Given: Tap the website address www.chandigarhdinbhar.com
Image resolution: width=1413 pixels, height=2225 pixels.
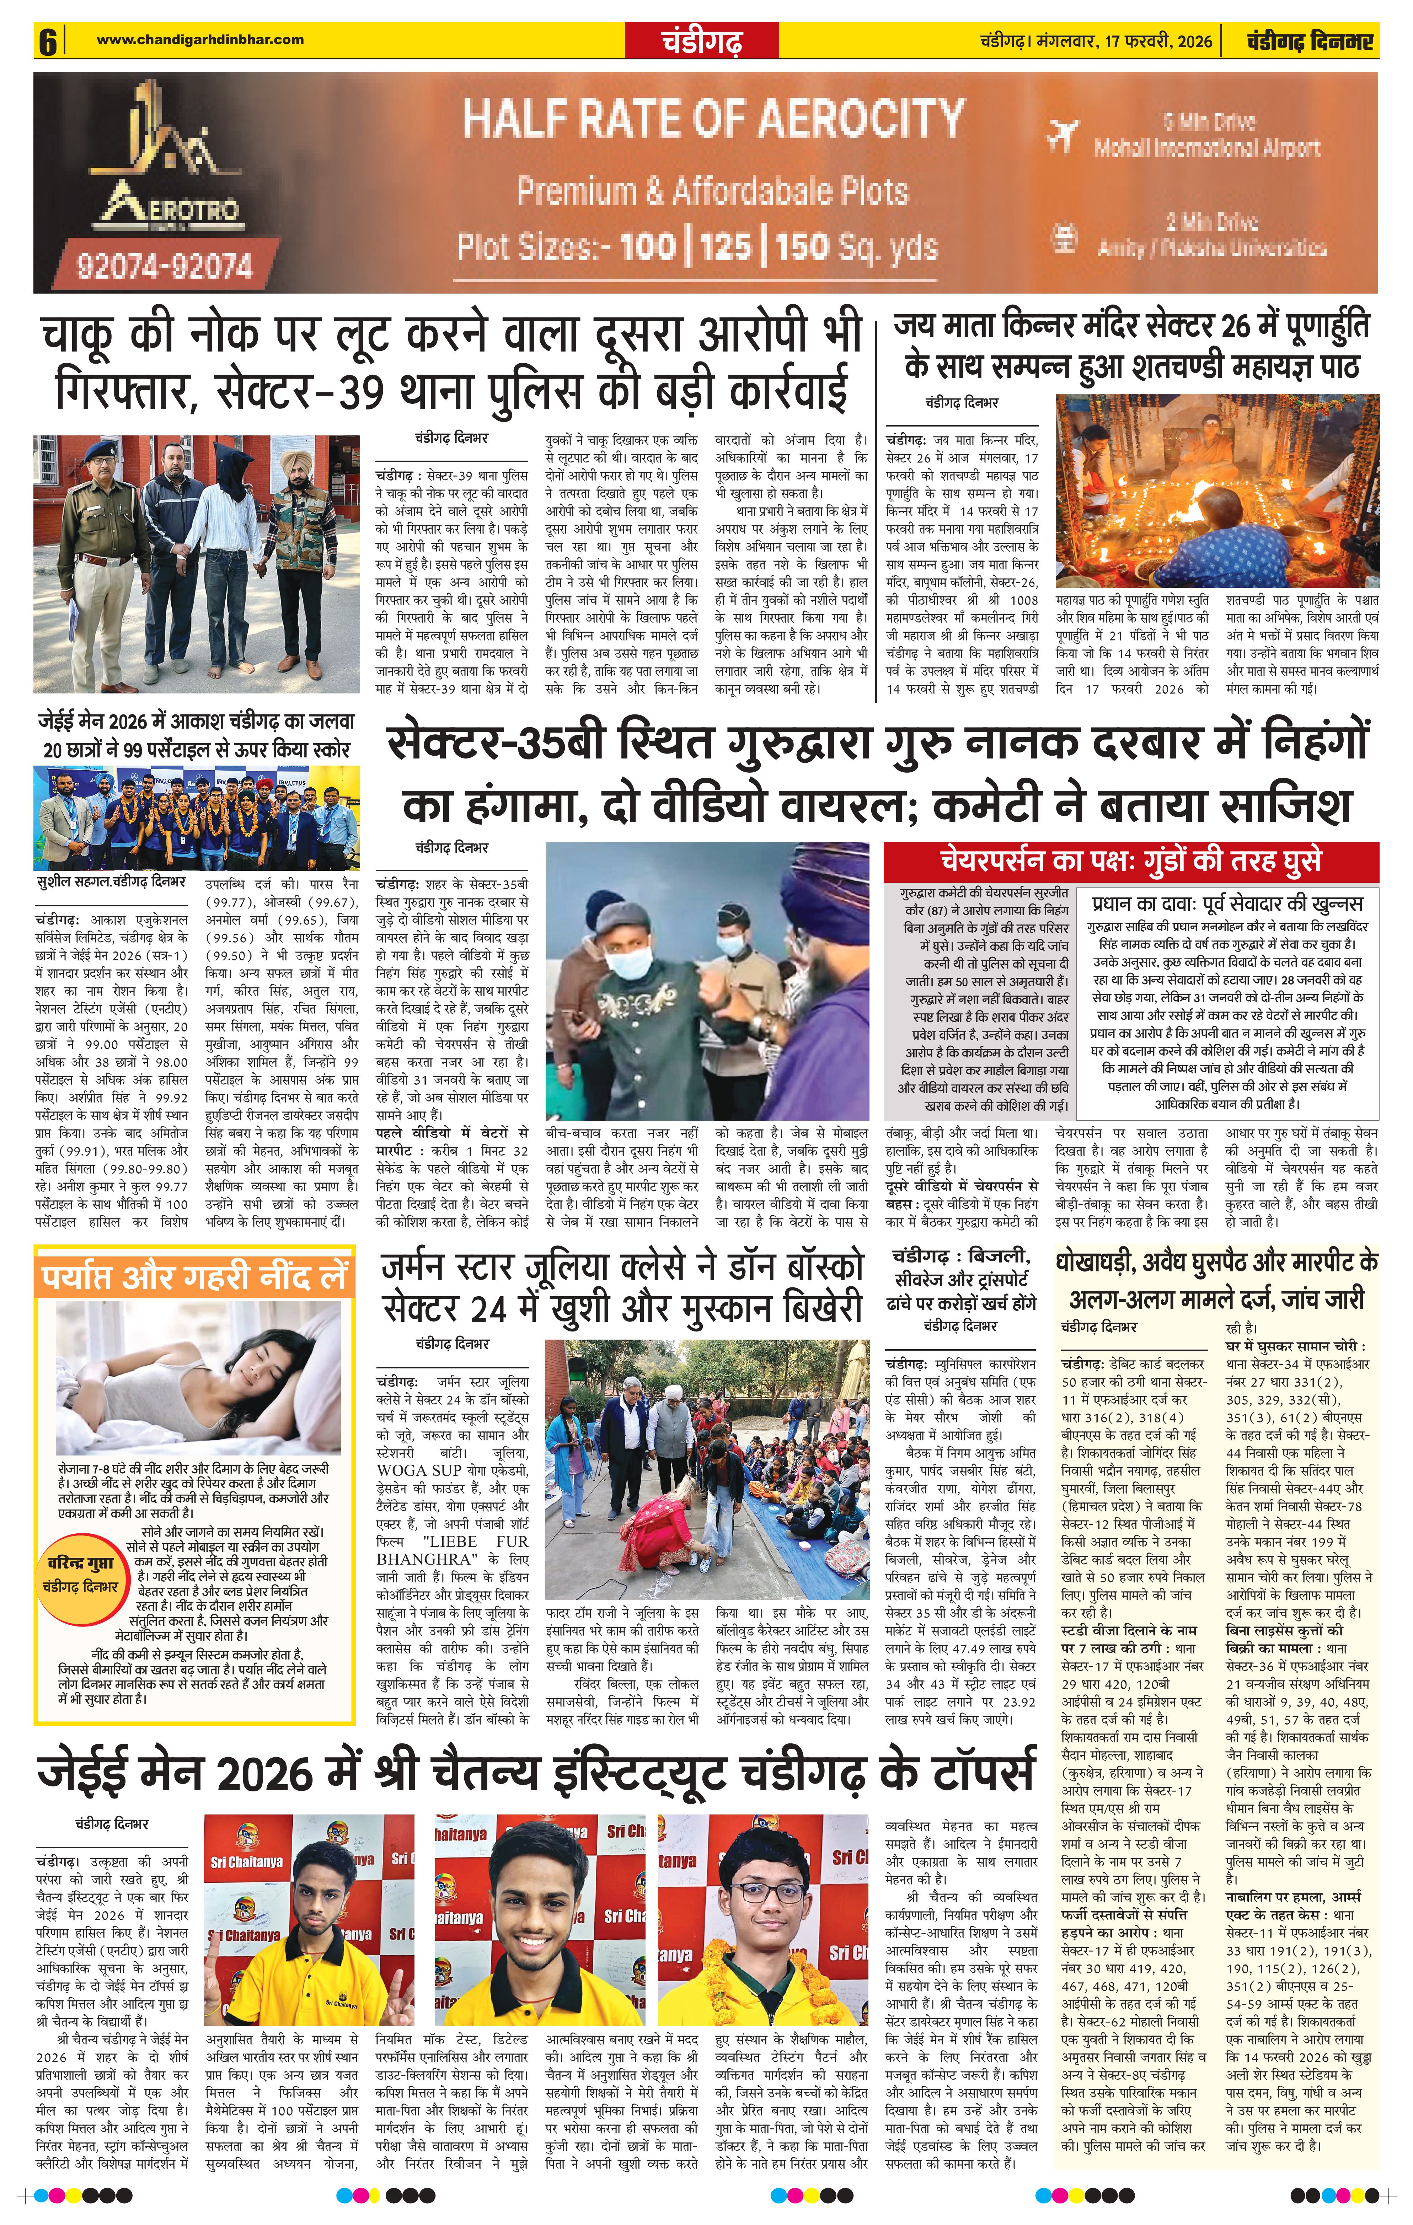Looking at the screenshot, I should pyautogui.click(x=200, y=39).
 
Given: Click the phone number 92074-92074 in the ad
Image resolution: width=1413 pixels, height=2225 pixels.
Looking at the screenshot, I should pyautogui.click(x=165, y=266).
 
